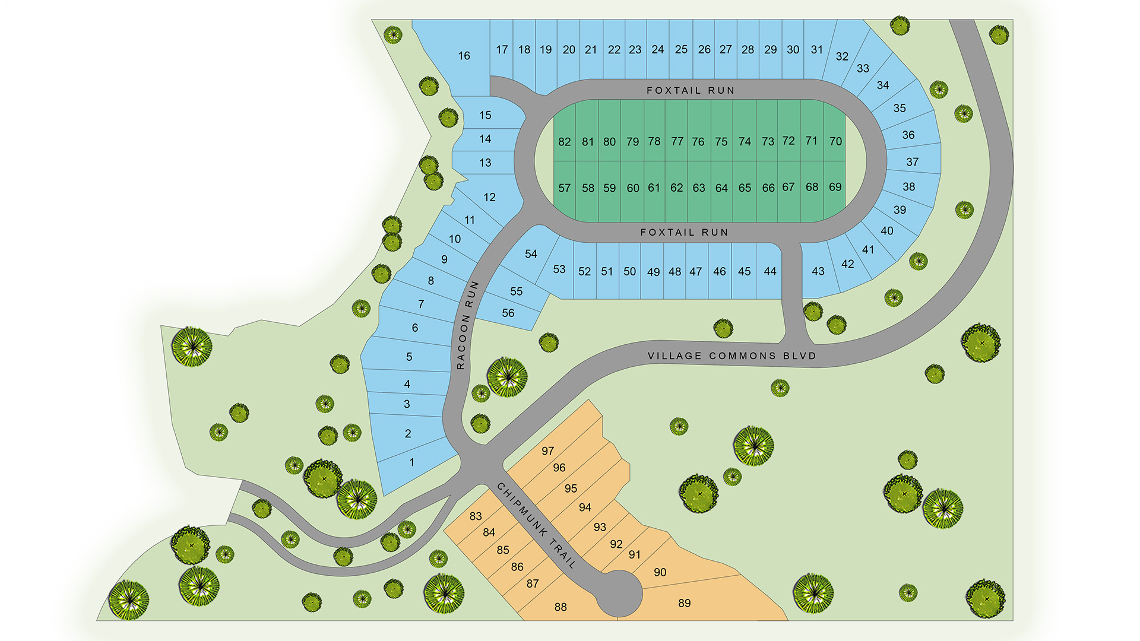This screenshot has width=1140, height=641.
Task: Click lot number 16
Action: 464,56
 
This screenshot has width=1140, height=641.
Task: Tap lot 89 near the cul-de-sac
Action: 684,603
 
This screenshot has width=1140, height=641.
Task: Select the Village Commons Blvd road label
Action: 731,356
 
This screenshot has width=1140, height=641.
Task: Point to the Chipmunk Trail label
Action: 536,526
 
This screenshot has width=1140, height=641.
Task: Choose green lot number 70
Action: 835,141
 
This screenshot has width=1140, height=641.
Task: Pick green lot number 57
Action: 564,188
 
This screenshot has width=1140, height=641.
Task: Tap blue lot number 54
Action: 531,254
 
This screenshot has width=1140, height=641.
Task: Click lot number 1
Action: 411,462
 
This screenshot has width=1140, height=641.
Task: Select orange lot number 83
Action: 476,516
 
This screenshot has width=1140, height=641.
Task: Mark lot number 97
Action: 547,451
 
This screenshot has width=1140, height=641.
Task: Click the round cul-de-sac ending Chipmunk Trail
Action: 619,594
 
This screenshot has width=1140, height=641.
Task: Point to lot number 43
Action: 818,271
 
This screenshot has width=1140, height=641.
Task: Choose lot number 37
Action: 912,161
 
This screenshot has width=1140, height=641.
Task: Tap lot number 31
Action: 817,50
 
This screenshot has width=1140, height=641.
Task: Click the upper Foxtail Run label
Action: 690,90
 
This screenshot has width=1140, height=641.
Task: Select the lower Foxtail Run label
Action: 684,232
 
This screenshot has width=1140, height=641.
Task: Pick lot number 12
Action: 489,197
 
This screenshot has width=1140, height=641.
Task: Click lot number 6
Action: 414,328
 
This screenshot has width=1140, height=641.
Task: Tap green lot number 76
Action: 698,142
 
